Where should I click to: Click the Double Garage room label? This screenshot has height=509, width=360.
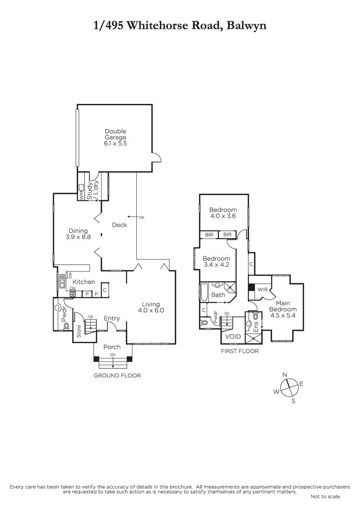115,137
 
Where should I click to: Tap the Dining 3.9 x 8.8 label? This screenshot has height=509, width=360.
78,234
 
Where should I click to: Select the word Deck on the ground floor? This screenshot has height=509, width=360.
119,225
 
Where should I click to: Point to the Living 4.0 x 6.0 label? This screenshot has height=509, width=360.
151,307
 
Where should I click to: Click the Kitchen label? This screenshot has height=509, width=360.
84,282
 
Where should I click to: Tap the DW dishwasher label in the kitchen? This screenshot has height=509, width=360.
70,276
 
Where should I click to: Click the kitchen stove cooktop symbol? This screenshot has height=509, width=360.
73,294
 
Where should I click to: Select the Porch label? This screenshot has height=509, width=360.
112,347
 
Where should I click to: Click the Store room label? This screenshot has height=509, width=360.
79,331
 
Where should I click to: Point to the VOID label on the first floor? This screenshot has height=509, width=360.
233,336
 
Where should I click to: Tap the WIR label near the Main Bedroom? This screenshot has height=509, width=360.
262,290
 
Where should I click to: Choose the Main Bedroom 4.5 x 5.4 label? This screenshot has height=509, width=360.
283,309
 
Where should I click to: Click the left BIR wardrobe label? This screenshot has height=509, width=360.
209,235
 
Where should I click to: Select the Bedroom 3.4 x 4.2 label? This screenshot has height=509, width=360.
216,262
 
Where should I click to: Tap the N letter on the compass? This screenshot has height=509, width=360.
284,375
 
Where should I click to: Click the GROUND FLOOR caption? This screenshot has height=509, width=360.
117,376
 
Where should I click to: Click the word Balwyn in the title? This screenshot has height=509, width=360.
247,26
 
